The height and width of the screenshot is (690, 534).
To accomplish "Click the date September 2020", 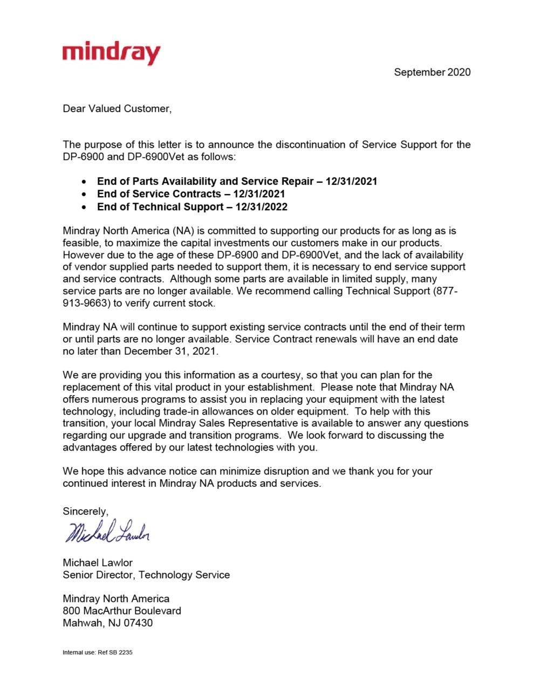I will [x=432, y=72].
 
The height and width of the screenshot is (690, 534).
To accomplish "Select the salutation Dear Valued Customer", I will [x=117, y=109].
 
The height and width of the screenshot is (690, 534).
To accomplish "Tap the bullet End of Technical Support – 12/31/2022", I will [x=192, y=207].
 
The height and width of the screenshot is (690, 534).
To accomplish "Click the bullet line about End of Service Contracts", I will [x=191, y=194].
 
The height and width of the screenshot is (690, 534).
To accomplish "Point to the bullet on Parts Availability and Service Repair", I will [x=237, y=181].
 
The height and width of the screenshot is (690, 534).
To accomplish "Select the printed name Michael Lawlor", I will [x=98, y=563].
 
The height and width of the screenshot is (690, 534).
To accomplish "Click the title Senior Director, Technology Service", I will [x=146, y=575].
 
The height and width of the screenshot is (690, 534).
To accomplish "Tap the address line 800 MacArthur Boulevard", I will [x=122, y=611].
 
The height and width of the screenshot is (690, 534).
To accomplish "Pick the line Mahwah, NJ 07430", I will [x=107, y=623].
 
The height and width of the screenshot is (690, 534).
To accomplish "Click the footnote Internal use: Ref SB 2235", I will [x=98, y=652].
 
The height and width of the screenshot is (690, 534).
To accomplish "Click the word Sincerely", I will [x=85, y=512].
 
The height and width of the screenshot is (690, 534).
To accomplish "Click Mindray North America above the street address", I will [x=116, y=599].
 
